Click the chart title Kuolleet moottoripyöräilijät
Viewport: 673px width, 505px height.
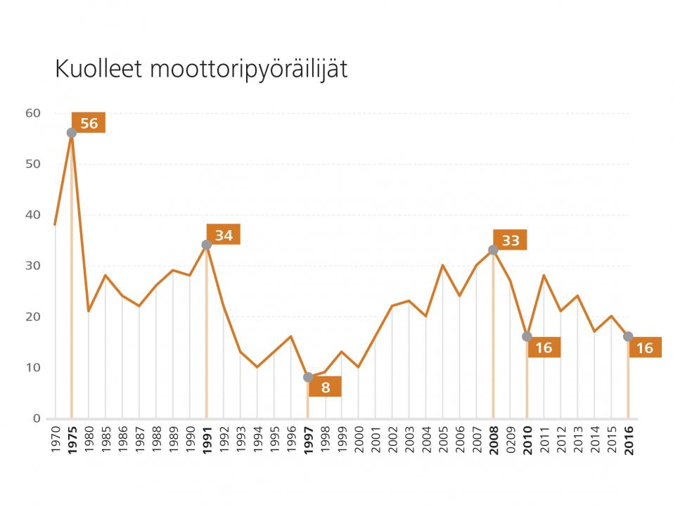click(201, 70)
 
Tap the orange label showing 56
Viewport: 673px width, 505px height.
click(89, 123)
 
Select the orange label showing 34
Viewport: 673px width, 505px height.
click(224, 235)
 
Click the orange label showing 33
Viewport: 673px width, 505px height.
click(510, 241)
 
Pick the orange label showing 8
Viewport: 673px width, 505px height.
click(325, 386)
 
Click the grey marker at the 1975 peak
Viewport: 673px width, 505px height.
click(71, 133)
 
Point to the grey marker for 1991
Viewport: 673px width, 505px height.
click(206, 245)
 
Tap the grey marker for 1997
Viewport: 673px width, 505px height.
click(307, 377)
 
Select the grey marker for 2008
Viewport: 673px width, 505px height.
click(493, 250)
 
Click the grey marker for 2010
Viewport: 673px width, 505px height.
click(527, 337)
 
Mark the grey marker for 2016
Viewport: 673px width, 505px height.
click(628, 337)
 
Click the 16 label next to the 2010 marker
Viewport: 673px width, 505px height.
click(544, 347)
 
